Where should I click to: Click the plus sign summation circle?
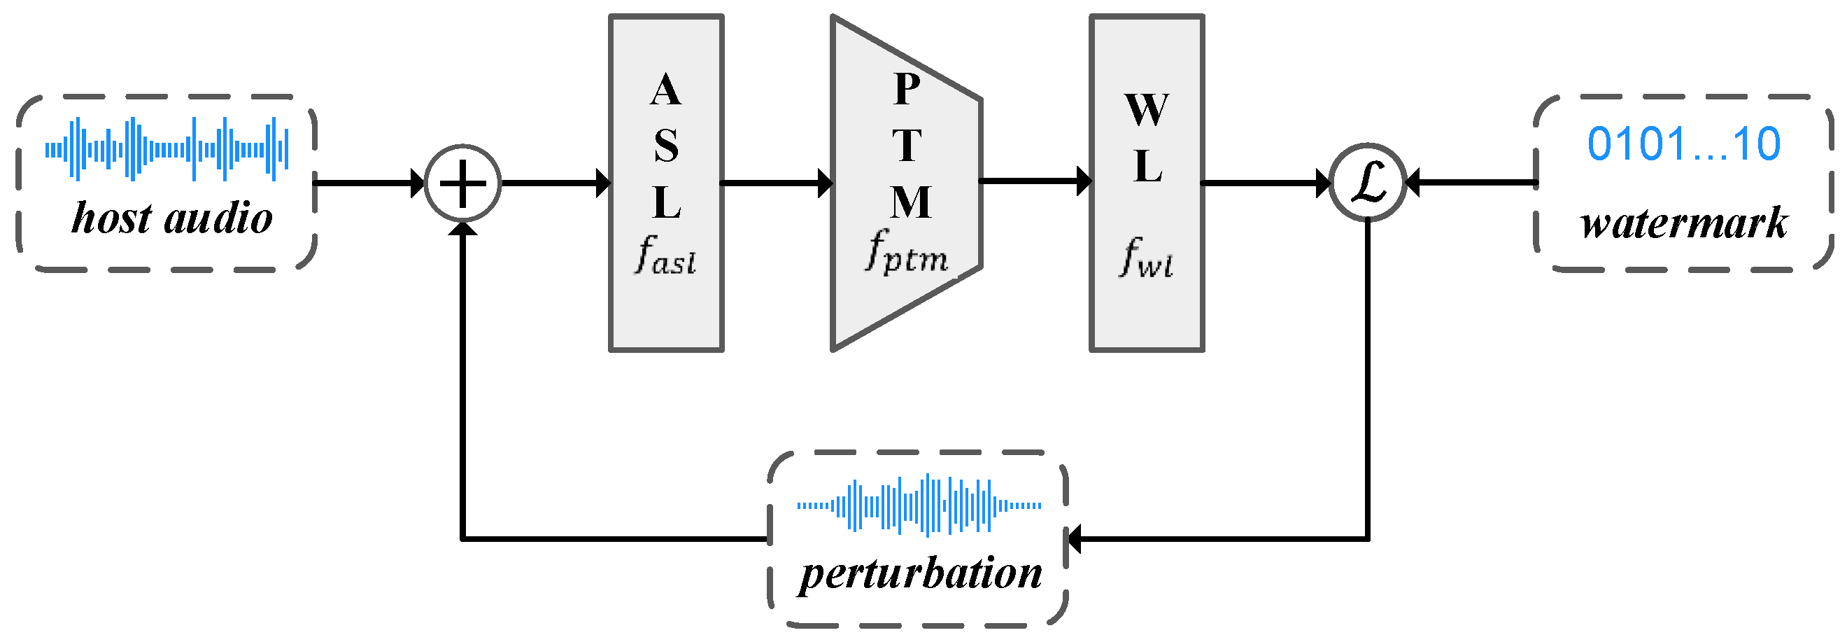pos(462,183)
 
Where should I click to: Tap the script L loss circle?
pos(1367,183)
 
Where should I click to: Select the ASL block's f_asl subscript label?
pos(665,256)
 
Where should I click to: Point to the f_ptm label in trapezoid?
pos(906,253)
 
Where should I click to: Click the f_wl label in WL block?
pos(1146,258)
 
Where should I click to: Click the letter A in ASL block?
pos(665,90)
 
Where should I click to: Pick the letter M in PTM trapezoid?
pos(911,202)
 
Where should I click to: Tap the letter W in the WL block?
pos(1147,110)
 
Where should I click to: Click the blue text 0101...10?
pos(1683,144)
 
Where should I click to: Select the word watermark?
pos(1683,223)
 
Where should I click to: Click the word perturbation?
pos(921,574)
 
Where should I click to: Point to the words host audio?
pos(172,217)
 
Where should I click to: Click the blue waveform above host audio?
pos(167,149)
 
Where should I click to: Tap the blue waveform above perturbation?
pos(919,505)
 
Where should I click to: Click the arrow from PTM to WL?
pos(1035,181)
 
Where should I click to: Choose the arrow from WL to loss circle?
pos(1266,183)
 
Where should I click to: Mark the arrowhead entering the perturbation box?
pos(1075,538)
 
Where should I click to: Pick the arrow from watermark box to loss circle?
pos(1470,183)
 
